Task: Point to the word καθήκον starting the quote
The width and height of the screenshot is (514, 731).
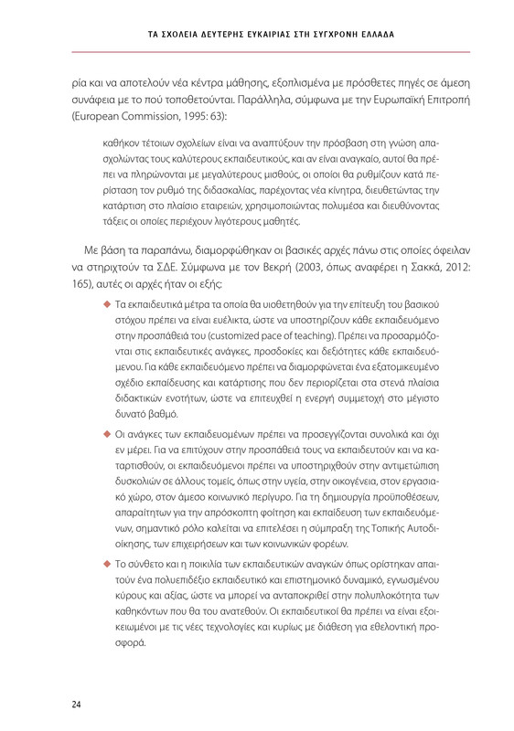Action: point(123,145)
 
